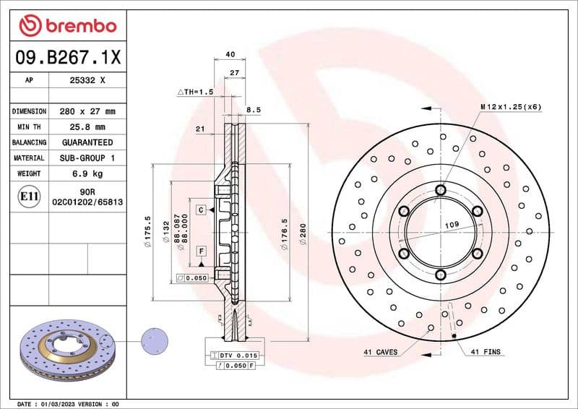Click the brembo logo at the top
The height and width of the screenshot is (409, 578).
click(x=68, y=26)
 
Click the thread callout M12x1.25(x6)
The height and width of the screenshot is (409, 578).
click(x=510, y=107)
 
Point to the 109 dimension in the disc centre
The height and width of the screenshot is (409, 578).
click(x=452, y=225)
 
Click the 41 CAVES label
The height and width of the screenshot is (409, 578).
click(x=380, y=352)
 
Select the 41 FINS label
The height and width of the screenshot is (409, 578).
click(x=486, y=352)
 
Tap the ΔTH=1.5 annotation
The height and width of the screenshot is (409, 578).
click(x=196, y=92)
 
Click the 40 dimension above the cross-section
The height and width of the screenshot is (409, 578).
click(x=230, y=54)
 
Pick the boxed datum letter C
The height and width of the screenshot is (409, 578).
click(x=202, y=210)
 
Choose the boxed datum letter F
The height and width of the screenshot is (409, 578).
click(x=202, y=251)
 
